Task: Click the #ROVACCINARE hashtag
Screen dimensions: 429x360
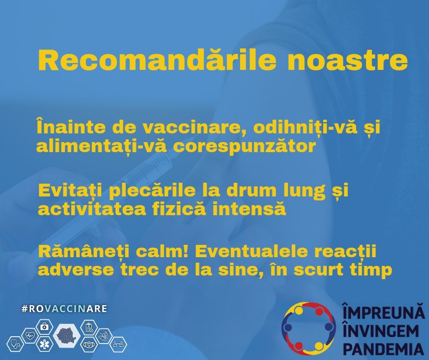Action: tap(64, 309)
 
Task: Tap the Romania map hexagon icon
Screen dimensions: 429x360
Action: tap(67, 334)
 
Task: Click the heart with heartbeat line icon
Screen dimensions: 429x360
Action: tap(30, 335)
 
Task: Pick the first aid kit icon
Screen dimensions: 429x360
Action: tap(45, 327)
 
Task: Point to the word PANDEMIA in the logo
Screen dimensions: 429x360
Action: tap(383, 349)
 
